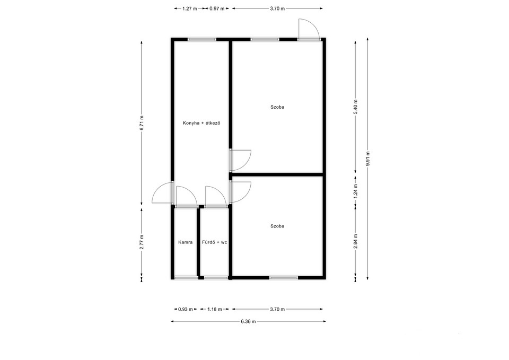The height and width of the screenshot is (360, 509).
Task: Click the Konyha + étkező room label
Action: tap(201, 123)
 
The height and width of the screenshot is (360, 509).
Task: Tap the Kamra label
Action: tap(186, 242)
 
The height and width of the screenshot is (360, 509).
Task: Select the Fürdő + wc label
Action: tap(215, 242)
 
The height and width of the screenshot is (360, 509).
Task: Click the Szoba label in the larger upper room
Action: tap(277, 107)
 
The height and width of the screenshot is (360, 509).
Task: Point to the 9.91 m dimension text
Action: tap(367, 159)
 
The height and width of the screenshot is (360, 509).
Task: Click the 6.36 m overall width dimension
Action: tap(248, 321)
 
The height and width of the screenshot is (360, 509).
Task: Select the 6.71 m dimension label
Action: tap(142, 123)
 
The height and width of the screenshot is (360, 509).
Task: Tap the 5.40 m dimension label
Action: tap(356, 107)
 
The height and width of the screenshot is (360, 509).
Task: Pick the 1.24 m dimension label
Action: tap(356, 191)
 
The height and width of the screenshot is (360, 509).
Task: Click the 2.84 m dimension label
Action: tap(356, 242)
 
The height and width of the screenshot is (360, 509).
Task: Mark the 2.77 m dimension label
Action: tap(142, 242)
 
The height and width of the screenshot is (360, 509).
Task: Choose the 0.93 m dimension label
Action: tap(186, 309)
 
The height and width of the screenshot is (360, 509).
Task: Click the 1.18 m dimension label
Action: tap(215, 309)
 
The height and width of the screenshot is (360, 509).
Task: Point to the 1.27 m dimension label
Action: tap(190, 9)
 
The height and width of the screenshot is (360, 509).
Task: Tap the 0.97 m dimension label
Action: tap(217, 9)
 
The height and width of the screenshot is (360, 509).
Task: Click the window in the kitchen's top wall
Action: tap(202, 39)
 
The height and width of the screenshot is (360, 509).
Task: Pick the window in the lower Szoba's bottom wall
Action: tap(284, 277)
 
